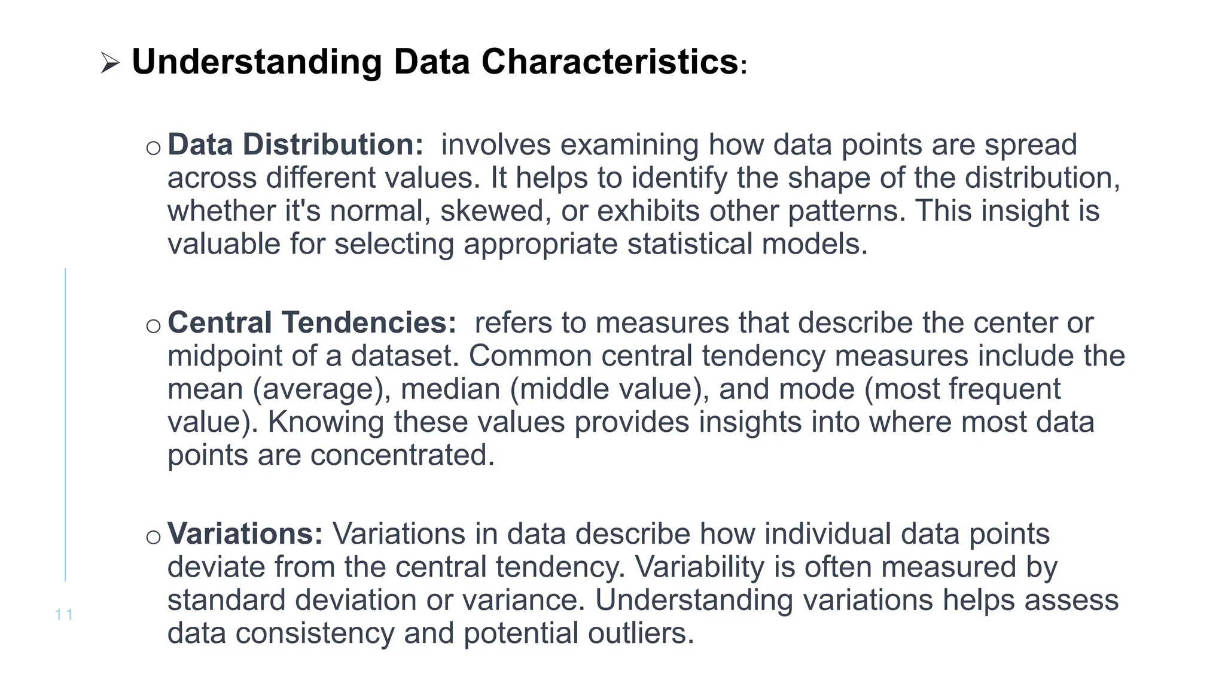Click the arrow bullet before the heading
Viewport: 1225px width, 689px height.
pyautogui.click(x=110, y=63)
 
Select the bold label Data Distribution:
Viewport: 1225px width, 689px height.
pyautogui.click(x=295, y=145)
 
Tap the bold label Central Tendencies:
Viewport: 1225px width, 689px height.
pyautogui.click(x=312, y=322)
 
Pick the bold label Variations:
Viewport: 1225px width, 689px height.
pyautogui.click(x=245, y=533)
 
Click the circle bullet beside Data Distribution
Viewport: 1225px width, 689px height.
pyautogui.click(x=153, y=148)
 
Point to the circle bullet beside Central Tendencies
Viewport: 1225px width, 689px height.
pyautogui.click(x=153, y=326)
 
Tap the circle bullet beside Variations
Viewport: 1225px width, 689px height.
pyautogui.click(x=153, y=537)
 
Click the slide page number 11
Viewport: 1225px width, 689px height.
pyautogui.click(x=63, y=614)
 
